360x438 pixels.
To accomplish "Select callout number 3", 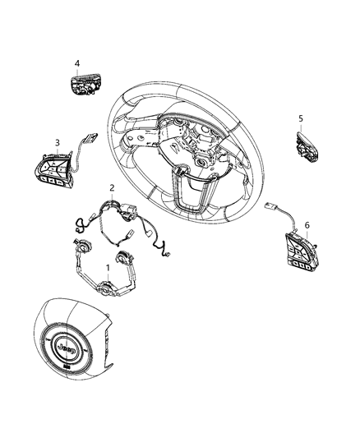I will [x=58, y=143].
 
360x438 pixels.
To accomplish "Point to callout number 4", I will [x=77, y=63].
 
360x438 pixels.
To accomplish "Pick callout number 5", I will [x=301, y=118].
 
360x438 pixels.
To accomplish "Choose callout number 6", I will [x=307, y=224].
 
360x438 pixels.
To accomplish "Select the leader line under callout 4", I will [x=78, y=71].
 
